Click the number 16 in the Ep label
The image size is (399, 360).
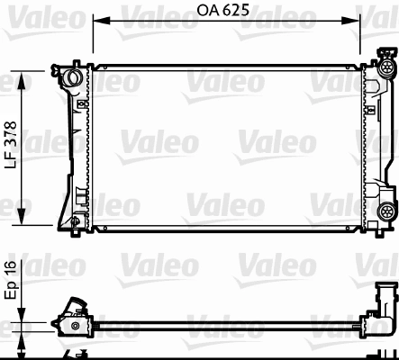(x=11, y=267)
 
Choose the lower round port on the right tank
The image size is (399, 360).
(x=387, y=211)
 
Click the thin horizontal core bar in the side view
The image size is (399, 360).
(x=225, y=320)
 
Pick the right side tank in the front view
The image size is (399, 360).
(x=370, y=144)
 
